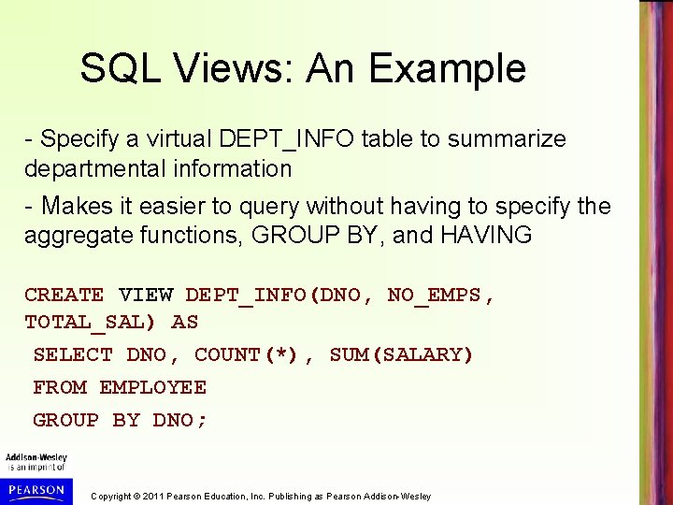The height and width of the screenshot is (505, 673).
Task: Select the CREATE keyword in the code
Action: point(64,296)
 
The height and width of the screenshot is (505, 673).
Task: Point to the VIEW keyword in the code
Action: point(146,296)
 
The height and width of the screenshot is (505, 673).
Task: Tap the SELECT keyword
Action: point(72,355)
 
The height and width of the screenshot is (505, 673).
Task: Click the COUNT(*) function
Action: point(247,355)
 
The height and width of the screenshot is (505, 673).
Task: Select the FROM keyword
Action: point(60,387)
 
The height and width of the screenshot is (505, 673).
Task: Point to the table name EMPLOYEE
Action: point(152,387)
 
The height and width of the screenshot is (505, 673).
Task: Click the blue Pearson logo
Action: point(35,489)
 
